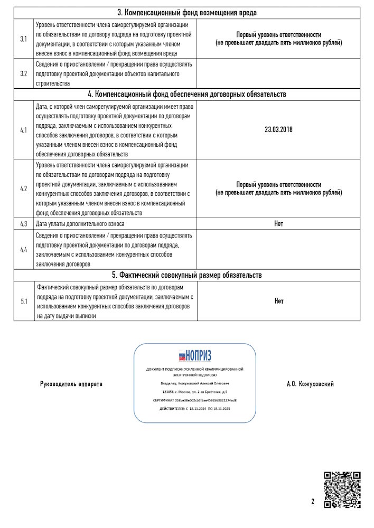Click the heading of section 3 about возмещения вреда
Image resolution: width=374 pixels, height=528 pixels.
(x=187, y=13)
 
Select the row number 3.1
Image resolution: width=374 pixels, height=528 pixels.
(x=24, y=39)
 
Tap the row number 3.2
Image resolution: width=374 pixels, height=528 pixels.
(x=24, y=73)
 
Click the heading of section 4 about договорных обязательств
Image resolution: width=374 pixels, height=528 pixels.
(x=187, y=95)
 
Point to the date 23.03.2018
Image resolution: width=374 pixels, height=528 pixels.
(x=278, y=129)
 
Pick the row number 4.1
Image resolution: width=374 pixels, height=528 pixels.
(x=24, y=129)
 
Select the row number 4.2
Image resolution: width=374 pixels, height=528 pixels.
(x=24, y=188)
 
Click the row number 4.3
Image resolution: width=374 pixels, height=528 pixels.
(x=24, y=224)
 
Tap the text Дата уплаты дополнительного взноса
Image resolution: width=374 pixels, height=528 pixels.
(x=80, y=224)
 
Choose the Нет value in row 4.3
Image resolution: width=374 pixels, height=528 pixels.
(x=278, y=224)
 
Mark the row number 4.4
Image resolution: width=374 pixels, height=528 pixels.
(x=24, y=249)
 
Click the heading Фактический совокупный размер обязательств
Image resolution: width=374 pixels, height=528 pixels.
(x=187, y=275)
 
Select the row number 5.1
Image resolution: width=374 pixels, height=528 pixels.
(x=24, y=301)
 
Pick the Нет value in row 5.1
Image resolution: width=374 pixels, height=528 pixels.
(x=278, y=301)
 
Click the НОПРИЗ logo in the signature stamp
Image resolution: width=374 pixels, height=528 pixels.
(x=194, y=355)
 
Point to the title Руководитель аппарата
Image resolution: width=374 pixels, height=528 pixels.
(x=71, y=384)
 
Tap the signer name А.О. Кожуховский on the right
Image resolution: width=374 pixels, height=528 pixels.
(x=310, y=384)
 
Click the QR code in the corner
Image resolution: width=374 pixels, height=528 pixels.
(x=342, y=489)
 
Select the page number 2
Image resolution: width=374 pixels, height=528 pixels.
(x=313, y=502)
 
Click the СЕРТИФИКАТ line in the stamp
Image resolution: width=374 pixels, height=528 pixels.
(x=194, y=401)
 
